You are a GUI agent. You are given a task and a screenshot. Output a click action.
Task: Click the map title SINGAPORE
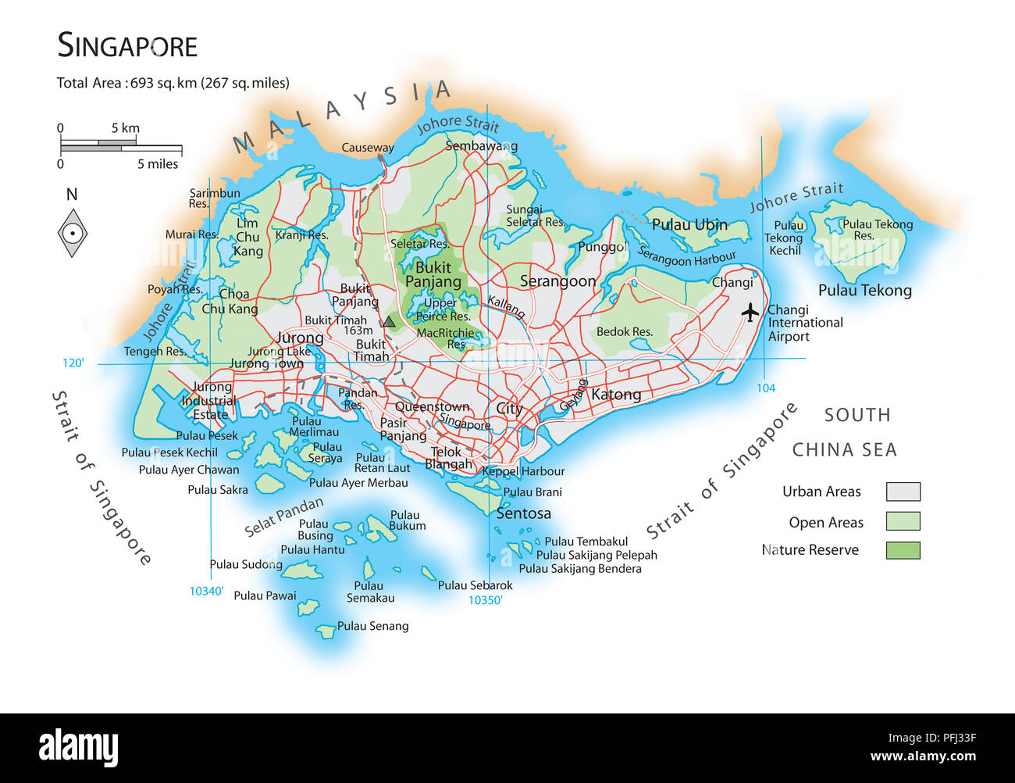pyautogui.click(x=127, y=46)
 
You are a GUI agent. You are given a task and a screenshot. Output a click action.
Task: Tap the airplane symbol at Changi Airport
pyautogui.click(x=750, y=313)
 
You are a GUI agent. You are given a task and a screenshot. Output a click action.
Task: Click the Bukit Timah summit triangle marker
pyautogui.click(x=389, y=321)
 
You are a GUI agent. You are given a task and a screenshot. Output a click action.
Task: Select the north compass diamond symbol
pyautogui.click(x=72, y=233)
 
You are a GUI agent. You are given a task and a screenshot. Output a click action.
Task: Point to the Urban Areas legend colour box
pyautogui.click(x=903, y=492)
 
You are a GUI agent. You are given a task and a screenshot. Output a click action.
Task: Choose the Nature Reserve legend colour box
pyautogui.click(x=903, y=550)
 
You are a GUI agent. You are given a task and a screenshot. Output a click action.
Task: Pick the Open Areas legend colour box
pyautogui.click(x=903, y=521)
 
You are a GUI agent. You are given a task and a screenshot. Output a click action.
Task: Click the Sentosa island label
pyautogui.click(x=523, y=513)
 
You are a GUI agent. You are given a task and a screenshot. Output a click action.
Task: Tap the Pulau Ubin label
pyautogui.click(x=689, y=225)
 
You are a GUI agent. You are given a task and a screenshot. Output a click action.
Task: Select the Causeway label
pyautogui.click(x=367, y=148)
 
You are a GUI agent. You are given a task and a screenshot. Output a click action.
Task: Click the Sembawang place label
pyautogui.click(x=481, y=146)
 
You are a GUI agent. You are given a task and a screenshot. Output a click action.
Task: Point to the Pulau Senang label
pyautogui.click(x=372, y=626)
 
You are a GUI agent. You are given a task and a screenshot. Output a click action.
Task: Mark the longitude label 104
pyautogui.click(x=765, y=388)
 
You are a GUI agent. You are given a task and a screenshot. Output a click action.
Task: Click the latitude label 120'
pyautogui.click(x=73, y=363)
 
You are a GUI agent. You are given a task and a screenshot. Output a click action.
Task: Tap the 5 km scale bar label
pyautogui.click(x=125, y=128)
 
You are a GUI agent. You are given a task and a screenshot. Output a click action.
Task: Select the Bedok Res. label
pyautogui.click(x=624, y=332)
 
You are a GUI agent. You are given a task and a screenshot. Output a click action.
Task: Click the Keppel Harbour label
pyautogui.click(x=523, y=471)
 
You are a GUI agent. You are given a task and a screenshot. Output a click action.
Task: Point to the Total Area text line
pyautogui.click(x=173, y=83)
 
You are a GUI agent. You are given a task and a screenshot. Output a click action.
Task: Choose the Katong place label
pyautogui.click(x=615, y=395)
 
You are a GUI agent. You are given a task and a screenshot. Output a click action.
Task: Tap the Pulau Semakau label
pyautogui.click(x=370, y=592)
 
